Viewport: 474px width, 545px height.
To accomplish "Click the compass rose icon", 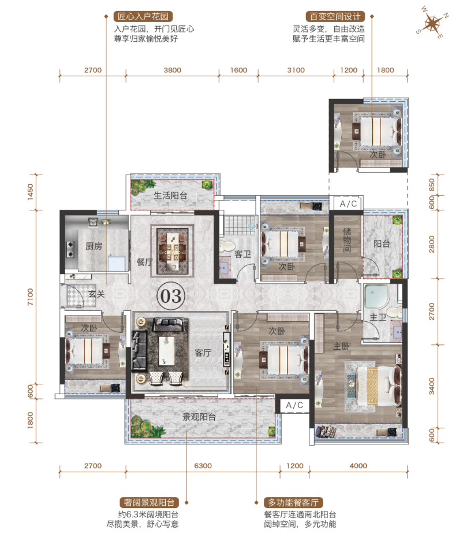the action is pyautogui.click(x=432, y=23).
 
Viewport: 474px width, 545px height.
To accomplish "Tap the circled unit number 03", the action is pyautogui.click(x=170, y=296).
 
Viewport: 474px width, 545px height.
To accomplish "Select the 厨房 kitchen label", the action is pyautogui.click(x=94, y=246).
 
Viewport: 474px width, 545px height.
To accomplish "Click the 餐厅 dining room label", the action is pyautogui.click(x=144, y=262).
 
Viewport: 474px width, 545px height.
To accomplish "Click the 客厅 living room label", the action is pyautogui.click(x=203, y=353).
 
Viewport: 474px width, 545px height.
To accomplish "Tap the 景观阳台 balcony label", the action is pyautogui.click(x=199, y=417).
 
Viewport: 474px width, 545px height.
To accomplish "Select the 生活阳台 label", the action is pyautogui.click(x=170, y=196).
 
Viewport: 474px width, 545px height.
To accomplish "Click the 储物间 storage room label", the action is pyautogui.click(x=347, y=240).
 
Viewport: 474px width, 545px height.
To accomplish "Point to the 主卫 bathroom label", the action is pyautogui.click(x=378, y=317).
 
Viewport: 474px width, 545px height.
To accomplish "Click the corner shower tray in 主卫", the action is pyautogui.click(x=376, y=297).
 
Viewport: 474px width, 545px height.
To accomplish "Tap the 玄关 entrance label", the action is pyautogui.click(x=96, y=294).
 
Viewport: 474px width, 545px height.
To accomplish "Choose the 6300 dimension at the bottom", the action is pyautogui.click(x=203, y=466).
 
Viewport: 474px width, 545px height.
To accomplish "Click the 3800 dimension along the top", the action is pyautogui.click(x=173, y=70).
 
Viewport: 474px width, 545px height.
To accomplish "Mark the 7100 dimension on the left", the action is pyautogui.click(x=31, y=297).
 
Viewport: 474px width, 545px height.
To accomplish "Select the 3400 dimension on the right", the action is pyautogui.click(x=432, y=386).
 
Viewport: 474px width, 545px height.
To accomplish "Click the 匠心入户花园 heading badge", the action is pyautogui.click(x=143, y=16).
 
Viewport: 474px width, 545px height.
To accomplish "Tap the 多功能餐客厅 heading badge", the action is pyautogui.click(x=293, y=503).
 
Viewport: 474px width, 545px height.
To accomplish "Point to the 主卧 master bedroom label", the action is pyautogui.click(x=341, y=346).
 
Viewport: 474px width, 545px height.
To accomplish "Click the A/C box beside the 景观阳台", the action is pyautogui.click(x=294, y=405).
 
